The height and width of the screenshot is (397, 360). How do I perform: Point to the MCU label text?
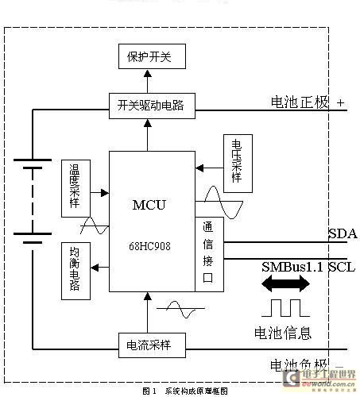click(149, 205)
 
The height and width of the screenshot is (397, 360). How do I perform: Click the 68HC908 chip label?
click(149, 246)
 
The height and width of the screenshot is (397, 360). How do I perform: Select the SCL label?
click(342, 268)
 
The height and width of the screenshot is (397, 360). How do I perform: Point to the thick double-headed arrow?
click(288, 285)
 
